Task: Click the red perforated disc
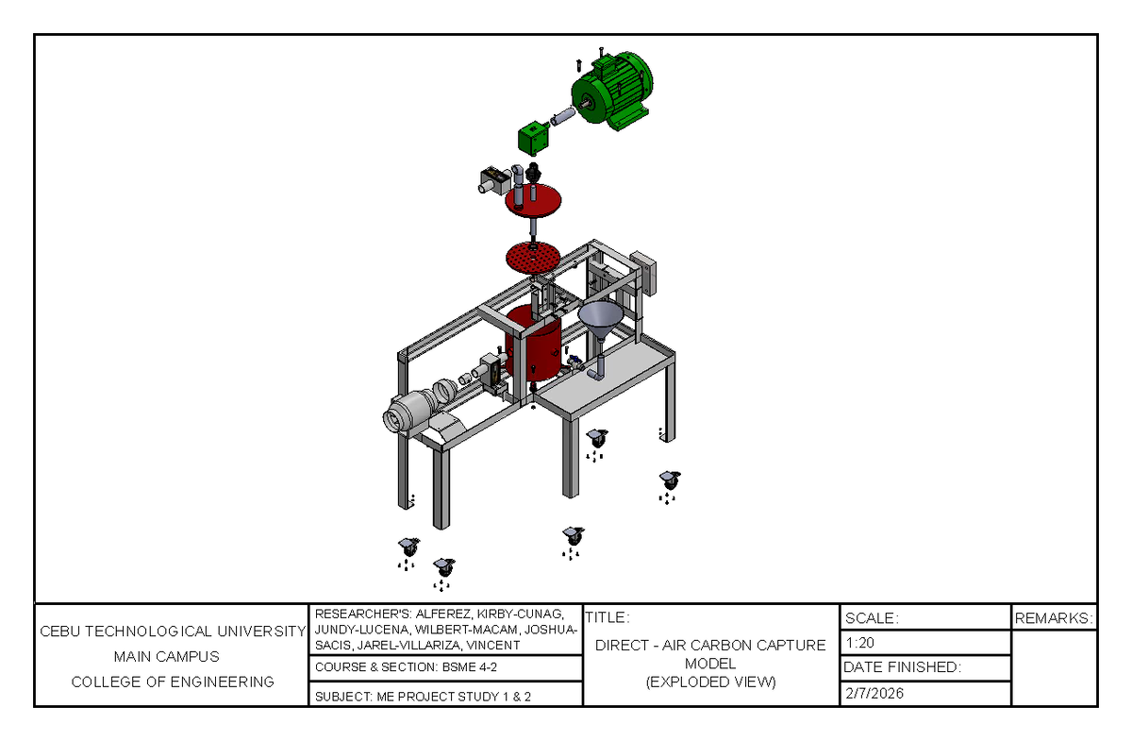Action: pos(533,256)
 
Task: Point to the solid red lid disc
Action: pos(534,200)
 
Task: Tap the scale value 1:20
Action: pos(860,643)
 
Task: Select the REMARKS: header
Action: pos(1054,618)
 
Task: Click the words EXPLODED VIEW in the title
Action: pos(711,682)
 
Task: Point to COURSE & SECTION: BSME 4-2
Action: pos(406,667)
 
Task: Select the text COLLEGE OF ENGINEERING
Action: pos(173,682)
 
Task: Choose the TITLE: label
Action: pos(607,618)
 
